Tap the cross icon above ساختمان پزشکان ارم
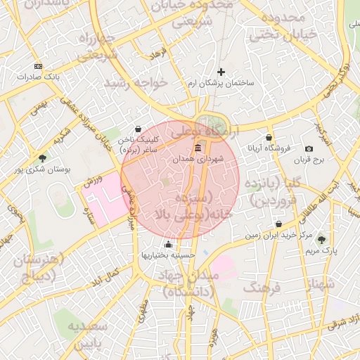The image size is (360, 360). click(x=221, y=72)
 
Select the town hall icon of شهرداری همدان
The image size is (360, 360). click(x=198, y=148)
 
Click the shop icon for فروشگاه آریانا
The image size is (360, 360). click(x=269, y=138)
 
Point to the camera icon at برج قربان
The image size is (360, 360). click(x=309, y=149)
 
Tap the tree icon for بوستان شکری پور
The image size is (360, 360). click(x=42, y=159)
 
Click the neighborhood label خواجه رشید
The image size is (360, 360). click(x=136, y=83)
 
